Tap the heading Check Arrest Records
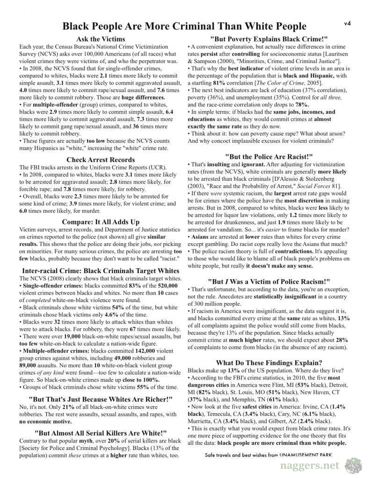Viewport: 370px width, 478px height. [101, 160]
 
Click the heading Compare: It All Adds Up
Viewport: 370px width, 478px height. [101, 222]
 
